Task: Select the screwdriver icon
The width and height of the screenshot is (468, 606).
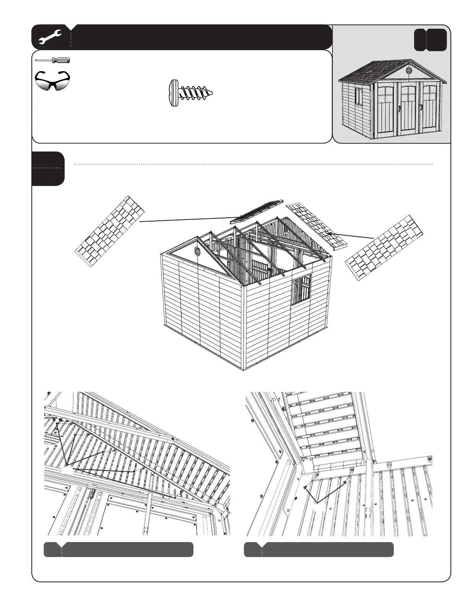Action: click(x=52, y=60)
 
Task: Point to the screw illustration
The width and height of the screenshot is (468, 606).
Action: click(x=190, y=93)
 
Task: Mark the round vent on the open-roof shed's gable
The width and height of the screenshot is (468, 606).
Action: click(x=197, y=251)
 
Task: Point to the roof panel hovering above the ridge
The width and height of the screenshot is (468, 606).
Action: click(x=257, y=211)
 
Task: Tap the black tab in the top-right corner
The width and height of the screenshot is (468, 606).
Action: click(x=431, y=39)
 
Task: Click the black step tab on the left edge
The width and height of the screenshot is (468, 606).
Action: click(x=48, y=168)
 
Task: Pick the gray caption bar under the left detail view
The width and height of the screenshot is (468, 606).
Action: click(x=119, y=549)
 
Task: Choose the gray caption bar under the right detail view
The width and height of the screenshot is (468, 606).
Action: click(x=319, y=549)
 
